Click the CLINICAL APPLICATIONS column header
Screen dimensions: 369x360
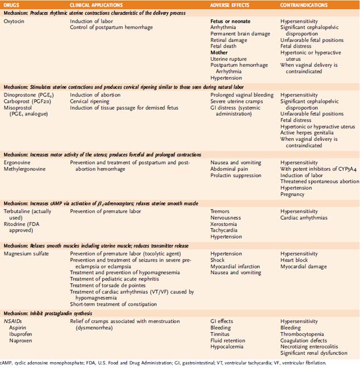(x=99, y=5)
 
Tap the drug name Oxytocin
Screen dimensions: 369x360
(x=16, y=21)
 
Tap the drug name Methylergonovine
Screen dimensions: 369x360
(x=26, y=169)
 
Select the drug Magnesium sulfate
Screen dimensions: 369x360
(x=27, y=253)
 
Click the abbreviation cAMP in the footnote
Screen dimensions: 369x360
(x=7, y=362)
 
